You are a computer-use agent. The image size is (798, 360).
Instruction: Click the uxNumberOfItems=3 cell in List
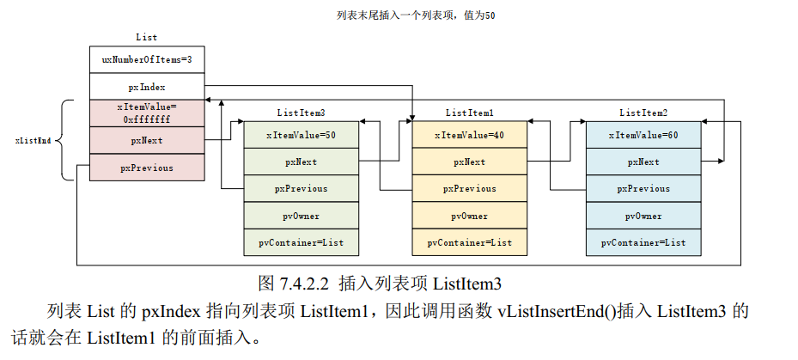pyautogui.click(x=147, y=60)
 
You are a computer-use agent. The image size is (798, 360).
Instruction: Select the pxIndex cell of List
pyautogui.click(x=147, y=87)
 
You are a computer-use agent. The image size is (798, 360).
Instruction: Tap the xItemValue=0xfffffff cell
pyautogui.click(x=147, y=113)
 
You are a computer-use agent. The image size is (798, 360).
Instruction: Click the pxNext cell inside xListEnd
pyautogui.click(x=147, y=140)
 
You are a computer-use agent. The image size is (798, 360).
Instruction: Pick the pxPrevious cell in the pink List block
pyautogui.click(x=147, y=168)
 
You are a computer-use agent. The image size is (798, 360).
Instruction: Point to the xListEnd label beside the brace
pyautogui.click(x=33, y=140)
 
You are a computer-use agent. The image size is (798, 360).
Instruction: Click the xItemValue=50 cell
pyautogui.click(x=301, y=135)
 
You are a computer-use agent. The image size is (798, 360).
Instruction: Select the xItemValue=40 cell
pyautogui.click(x=469, y=135)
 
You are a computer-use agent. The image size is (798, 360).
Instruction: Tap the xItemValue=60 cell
pyautogui.click(x=643, y=135)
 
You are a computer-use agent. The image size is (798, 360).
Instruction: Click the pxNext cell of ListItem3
pyautogui.click(x=301, y=162)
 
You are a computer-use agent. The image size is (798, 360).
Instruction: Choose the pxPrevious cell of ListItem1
pyautogui.click(x=469, y=188)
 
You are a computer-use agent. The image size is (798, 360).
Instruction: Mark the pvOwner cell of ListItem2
pyautogui.click(x=643, y=216)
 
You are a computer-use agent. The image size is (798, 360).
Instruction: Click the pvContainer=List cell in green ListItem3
pyautogui.click(x=301, y=242)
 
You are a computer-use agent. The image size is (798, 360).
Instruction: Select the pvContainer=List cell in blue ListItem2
pyautogui.click(x=643, y=242)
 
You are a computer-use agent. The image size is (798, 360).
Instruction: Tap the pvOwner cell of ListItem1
pyautogui.click(x=469, y=216)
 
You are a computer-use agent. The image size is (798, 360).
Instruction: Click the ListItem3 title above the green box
pyautogui.click(x=301, y=113)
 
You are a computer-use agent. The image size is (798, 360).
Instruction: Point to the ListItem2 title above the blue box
pyautogui.click(x=643, y=113)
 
